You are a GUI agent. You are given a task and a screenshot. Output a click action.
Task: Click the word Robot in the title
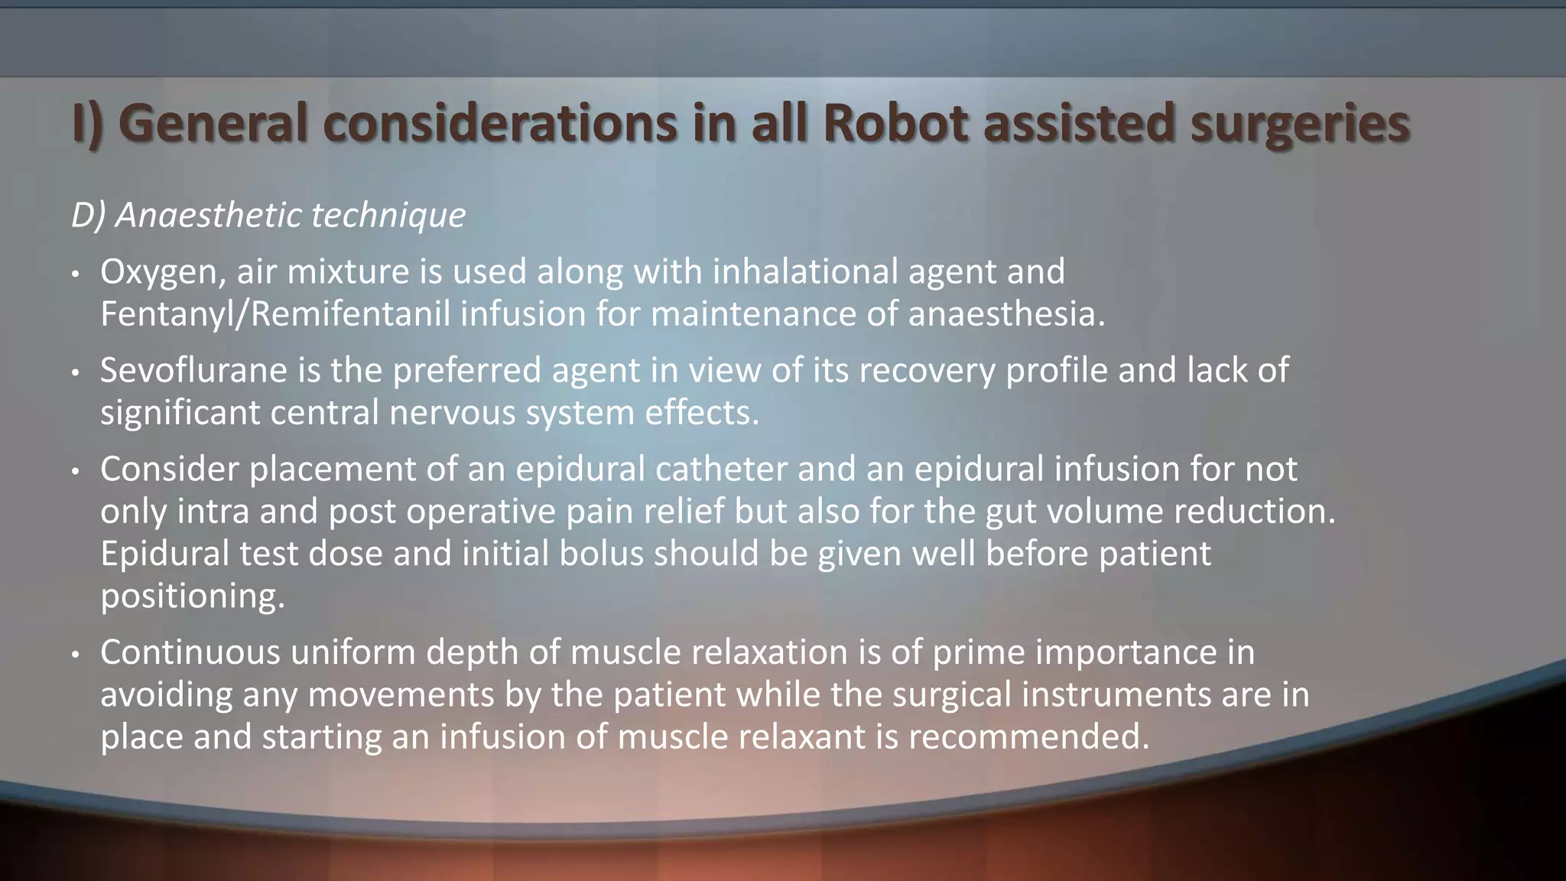click(x=897, y=123)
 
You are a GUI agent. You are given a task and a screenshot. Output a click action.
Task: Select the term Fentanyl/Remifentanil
click(x=275, y=314)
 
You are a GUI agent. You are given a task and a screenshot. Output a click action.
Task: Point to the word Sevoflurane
click(x=193, y=370)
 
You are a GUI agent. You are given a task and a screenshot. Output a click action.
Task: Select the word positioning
click(x=192, y=596)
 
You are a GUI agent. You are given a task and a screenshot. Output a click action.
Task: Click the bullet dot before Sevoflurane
click(x=75, y=373)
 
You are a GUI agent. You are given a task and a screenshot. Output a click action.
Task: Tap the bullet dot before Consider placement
click(x=75, y=472)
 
